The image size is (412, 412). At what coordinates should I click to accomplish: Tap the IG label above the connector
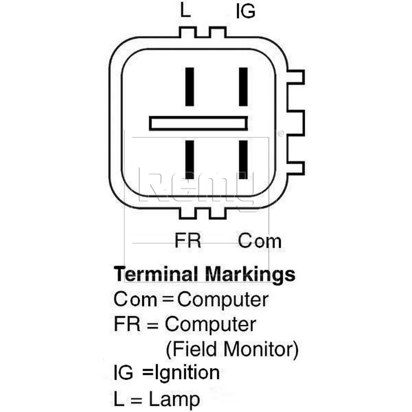click(246, 12)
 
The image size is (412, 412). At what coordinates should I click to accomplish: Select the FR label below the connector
click(188, 241)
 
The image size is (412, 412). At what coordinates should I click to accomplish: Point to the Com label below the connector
click(260, 241)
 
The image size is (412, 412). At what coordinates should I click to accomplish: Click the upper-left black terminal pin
click(190, 87)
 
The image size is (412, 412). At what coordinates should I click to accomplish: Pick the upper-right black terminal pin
click(243, 87)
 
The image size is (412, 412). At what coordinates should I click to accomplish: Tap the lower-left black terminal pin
click(190, 160)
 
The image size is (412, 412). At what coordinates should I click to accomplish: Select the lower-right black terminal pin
click(243, 160)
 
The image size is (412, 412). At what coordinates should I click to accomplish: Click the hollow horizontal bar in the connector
click(198, 118)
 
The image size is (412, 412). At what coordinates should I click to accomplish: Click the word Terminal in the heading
click(156, 274)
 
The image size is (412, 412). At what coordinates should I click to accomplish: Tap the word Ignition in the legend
click(187, 373)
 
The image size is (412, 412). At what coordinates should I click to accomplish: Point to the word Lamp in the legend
click(174, 399)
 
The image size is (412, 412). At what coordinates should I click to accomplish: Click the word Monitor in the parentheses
click(261, 349)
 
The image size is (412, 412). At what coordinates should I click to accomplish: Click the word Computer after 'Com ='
click(222, 300)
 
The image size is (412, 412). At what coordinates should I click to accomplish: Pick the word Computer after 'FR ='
click(210, 325)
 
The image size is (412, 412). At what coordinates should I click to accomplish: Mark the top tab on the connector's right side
click(296, 77)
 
